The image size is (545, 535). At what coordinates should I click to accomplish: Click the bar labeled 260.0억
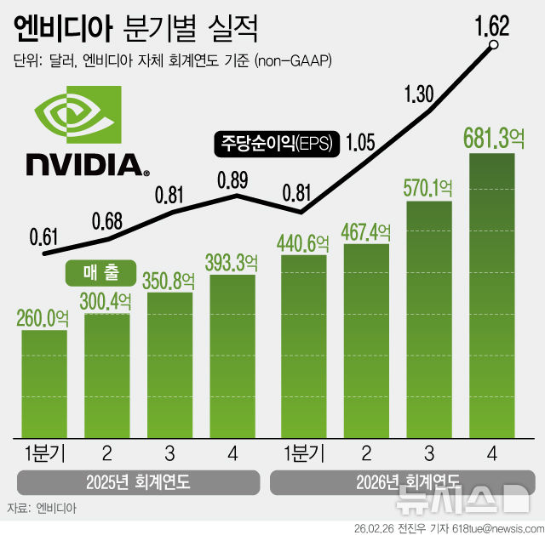click(43, 383)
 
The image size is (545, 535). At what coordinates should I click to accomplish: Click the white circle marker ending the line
click(491, 48)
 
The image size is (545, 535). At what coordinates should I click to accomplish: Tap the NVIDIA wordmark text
click(83, 164)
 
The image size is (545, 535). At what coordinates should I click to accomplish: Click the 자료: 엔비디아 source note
click(42, 508)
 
